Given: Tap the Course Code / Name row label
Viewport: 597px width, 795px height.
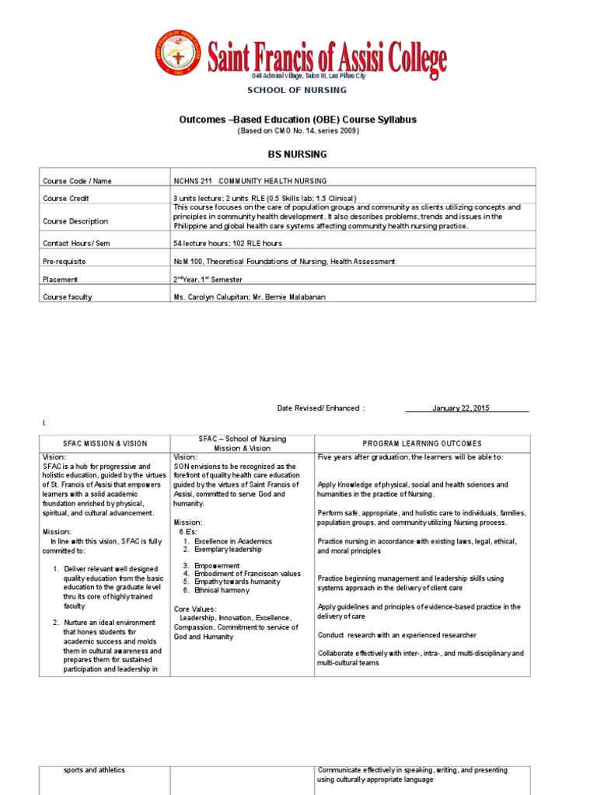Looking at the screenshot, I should pos(77,181).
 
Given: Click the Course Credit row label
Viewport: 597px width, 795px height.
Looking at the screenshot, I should pos(68,198).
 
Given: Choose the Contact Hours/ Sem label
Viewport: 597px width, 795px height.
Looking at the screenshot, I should pos(76,243).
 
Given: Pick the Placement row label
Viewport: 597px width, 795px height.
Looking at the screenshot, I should pos(61,279).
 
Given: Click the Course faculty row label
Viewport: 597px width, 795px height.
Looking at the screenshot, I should pos(69,297).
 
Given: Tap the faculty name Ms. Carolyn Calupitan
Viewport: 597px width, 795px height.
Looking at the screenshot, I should pos(212,297).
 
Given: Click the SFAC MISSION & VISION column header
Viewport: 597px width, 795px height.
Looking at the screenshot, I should pos(105,443).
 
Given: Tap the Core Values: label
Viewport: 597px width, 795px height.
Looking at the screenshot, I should pos(195,609).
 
